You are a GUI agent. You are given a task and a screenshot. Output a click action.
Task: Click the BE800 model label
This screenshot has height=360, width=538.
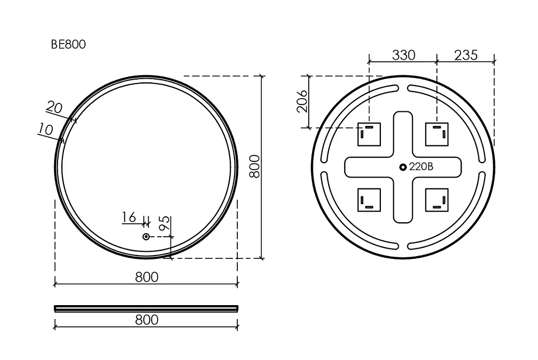tap(68, 44)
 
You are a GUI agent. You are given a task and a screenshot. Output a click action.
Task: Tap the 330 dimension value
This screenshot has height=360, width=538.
tap(403, 55)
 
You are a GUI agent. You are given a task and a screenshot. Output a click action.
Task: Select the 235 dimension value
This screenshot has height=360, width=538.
tap(466, 55)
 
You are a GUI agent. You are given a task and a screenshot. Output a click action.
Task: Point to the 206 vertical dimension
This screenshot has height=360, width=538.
tap(302, 101)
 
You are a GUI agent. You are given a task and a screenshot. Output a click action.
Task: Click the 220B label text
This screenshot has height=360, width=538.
tap(421, 167)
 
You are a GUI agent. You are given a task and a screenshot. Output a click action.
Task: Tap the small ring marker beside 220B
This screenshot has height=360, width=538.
tap(403, 167)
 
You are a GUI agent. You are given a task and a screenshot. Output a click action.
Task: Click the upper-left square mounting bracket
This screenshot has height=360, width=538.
tap(369, 134)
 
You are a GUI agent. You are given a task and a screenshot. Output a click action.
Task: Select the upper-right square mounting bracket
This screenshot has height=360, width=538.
tap(437, 134)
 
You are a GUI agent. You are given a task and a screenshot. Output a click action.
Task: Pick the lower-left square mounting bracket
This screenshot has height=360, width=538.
tap(369, 200)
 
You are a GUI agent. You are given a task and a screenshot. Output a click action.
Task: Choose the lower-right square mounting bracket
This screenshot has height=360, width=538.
tap(437, 200)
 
